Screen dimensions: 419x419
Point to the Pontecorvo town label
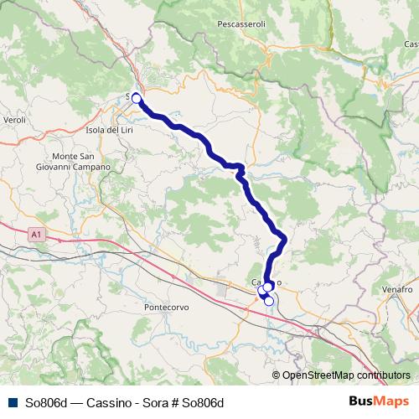(167, 308)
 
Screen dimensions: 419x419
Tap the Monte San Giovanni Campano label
(80, 162)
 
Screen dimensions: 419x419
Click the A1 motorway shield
(34, 233)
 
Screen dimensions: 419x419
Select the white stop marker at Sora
(137, 98)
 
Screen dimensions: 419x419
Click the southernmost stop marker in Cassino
(269, 302)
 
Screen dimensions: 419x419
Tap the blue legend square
(11, 403)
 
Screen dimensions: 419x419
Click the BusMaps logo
(379, 402)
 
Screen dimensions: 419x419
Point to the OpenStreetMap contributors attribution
(346, 375)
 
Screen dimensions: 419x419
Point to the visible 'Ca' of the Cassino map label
(257, 282)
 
